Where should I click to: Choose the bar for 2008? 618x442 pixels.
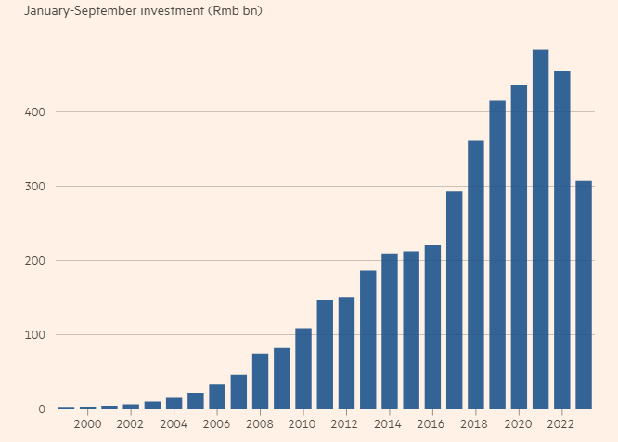260,381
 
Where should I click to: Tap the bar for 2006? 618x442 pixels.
217,396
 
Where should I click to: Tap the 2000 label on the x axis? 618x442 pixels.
87,424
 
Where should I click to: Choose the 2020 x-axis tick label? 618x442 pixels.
519,424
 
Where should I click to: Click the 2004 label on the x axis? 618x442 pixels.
174,424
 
